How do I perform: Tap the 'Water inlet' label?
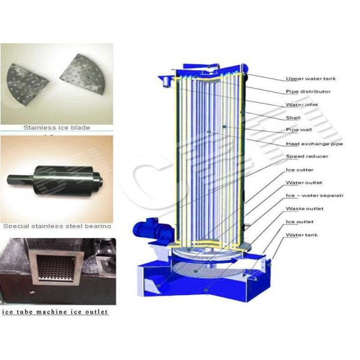click(302, 104)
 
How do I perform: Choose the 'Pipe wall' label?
click(299, 130)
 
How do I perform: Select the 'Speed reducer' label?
click(306, 157)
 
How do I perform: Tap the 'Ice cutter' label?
click(298, 170)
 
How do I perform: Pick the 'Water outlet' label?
click(304, 182)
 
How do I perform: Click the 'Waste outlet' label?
click(304, 209)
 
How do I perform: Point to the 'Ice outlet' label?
click(299, 222)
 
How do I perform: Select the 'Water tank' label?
click(301, 235)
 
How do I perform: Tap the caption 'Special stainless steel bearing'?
click(58, 226)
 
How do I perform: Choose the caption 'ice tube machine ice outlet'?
click(55, 311)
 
